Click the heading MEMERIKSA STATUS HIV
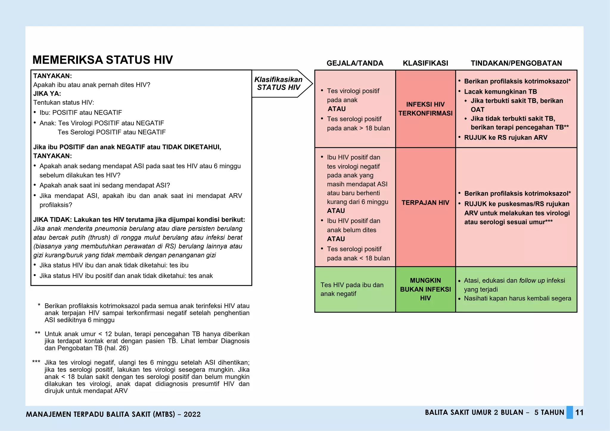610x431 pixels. pyautogui.click(x=102, y=60)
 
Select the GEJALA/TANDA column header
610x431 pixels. pyautogui.click(x=355, y=63)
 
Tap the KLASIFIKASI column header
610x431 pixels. pyautogui.click(x=425, y=63)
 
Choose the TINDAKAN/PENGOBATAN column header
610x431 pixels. pyautogui.click(x=516, y=63)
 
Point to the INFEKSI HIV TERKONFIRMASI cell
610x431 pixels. pyautogui.click(x=425, y=109)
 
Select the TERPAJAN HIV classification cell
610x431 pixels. pyautogui.click(x=425, y=203)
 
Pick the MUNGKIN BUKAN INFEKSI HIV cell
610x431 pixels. pyautogui.click(x=425, y=289)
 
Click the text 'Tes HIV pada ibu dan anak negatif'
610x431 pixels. pyautogui.click(x=352, y=289)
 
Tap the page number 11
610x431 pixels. pyautogui.click(x=579, y=413)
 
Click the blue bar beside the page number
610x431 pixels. pyautogui.click(x=569, y=413)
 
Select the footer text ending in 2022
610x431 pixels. pyautogui.click(x=113, y=414)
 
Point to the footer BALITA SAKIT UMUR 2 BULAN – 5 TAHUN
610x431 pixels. pyautogui.click(x=494, y=413)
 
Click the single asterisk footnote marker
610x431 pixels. pyautogui.click(x=39, y=305)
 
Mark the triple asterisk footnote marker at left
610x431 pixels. pyautogui.click(x=36, y=362)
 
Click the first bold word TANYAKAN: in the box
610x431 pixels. pyautogui.click(x=52, y=76)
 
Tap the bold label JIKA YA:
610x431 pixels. pyautogui.click(x=47, y=93)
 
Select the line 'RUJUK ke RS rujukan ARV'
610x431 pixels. pyautogui.click(x=505, y=138)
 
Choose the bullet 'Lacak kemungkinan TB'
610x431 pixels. pyautogui.click(x=500, y=92)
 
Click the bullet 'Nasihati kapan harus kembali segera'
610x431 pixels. pyautogui.click(x=517, y=298)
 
